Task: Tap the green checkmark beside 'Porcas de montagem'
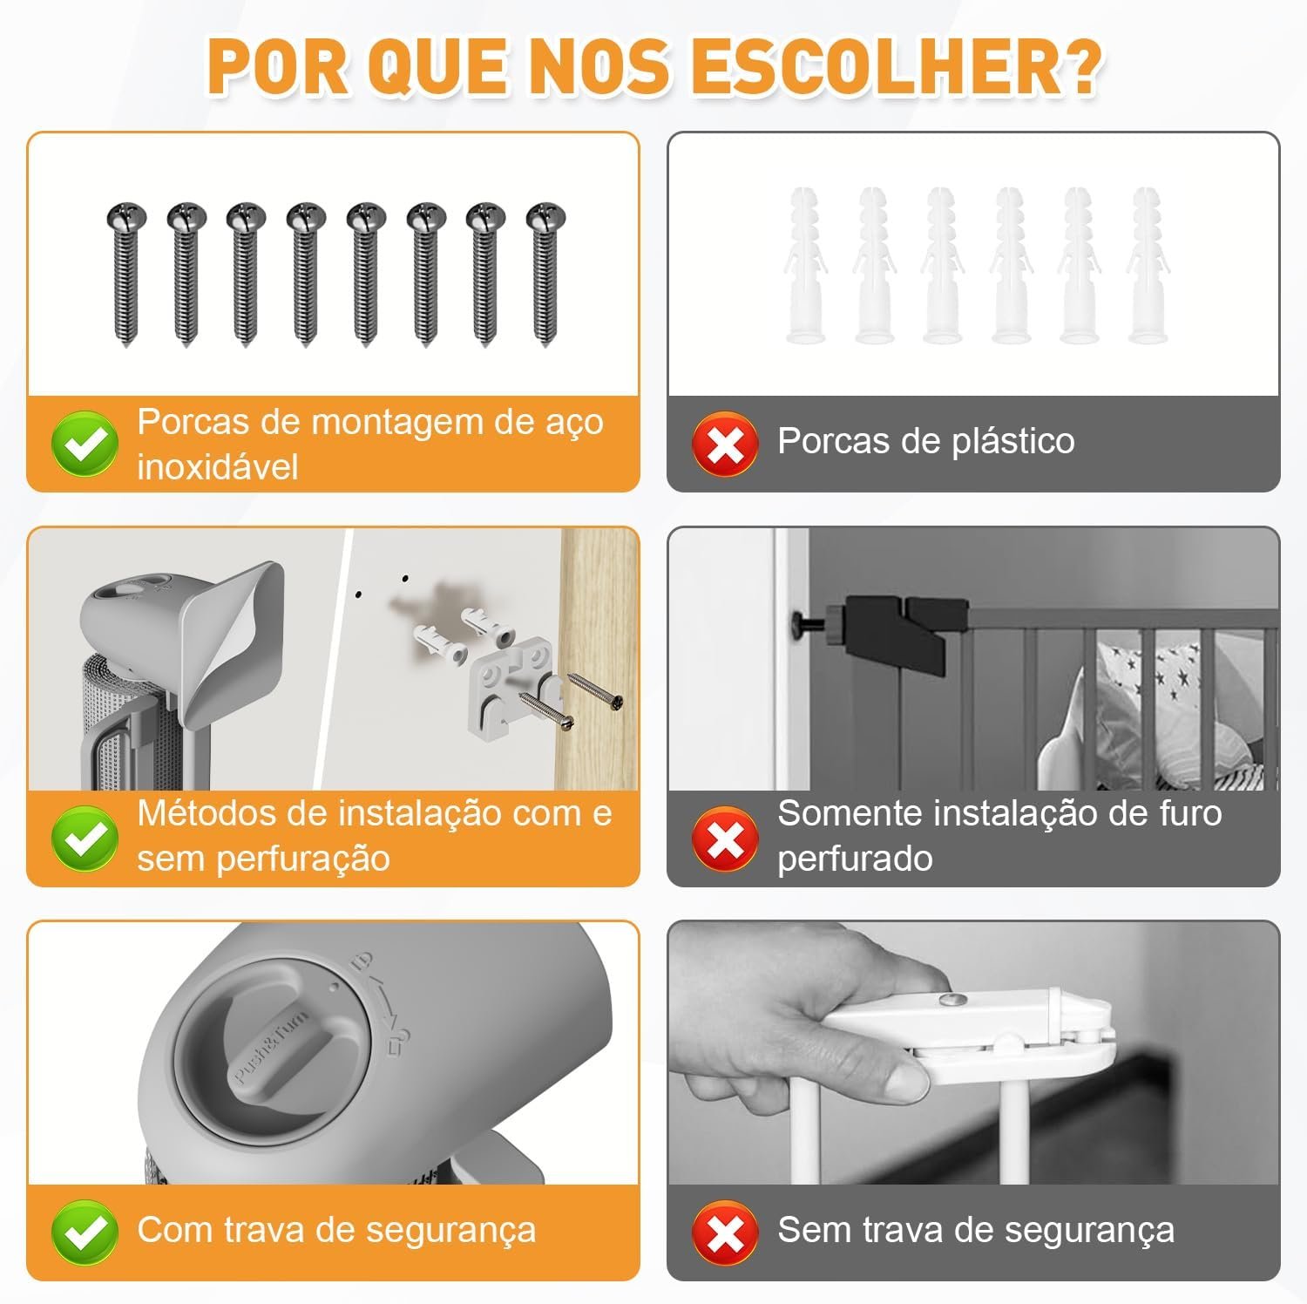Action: tap(85, 443)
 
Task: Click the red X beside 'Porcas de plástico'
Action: tap(725, 443)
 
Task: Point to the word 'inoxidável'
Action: tap(218, 467)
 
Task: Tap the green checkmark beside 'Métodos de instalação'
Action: tap(85, 838)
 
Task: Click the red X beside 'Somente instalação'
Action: tap(725, 838)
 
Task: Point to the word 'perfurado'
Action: tap(855, 859)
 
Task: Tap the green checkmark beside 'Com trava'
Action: tap(85, 1232)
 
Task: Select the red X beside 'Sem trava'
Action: tap(725, 1232)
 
